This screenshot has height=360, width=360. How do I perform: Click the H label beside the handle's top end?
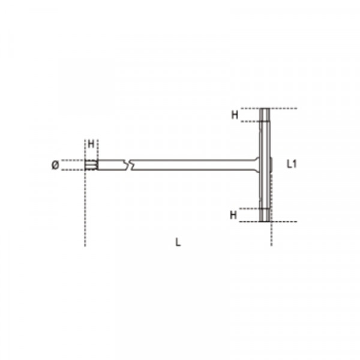click(235, 115)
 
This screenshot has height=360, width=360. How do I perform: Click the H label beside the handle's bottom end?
click(233, 215)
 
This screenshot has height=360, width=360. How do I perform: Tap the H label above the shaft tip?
click(91, 144)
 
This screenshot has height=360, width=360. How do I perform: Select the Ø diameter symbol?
click(55, 165)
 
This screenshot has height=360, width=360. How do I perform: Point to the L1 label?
click(292, 164)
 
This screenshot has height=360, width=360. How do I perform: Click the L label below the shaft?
click(178, 242)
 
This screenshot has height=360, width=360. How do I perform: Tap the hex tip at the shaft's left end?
click(91, 165)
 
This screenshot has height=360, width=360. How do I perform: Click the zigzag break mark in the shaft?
click(128, 165)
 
